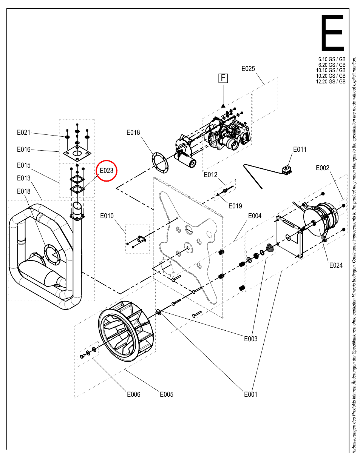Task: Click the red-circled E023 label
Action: (x=107, y=171)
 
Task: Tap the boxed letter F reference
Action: (x=223, y=78)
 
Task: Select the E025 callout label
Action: (x=248, y=69)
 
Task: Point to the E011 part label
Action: (x=300, y=149)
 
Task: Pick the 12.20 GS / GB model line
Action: (x=331, y=82)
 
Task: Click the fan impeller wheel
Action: (x=126, y=331)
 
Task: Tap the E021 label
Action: (x=23, y=133)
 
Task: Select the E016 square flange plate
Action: (x=77, y=154)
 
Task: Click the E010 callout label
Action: (x=107, y=216)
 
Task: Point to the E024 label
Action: (x=336, y=265)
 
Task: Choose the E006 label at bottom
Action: (x=134, y=394)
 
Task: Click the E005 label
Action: (x=167, y=394)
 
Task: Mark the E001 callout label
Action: (x=251, y=394)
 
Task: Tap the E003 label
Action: (x=251, y=339)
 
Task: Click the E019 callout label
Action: (x=235, y=206)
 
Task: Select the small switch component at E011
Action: (x=287, y=170)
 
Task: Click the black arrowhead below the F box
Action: (x=223, y=105)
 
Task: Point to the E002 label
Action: (x=323, y=168)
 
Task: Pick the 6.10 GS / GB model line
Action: (x=332, y=59)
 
